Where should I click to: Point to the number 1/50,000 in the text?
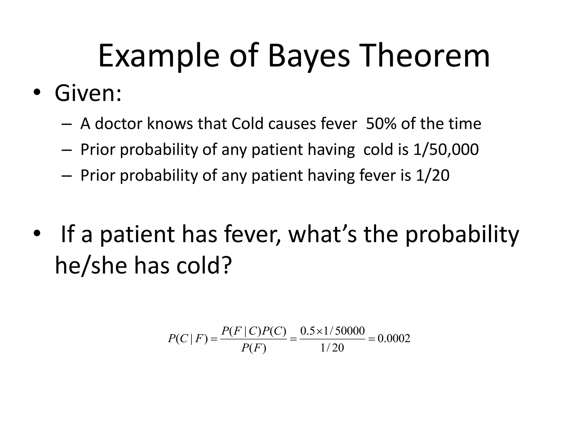pos(446,150)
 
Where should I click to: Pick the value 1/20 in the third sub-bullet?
pos(432,175)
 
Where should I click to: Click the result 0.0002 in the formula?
pos(394,339)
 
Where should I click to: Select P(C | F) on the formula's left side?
pos(187,339)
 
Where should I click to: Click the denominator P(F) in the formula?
pos(254,348)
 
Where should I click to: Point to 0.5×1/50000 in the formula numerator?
pos(332,331)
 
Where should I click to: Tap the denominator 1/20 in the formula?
pos(332,348)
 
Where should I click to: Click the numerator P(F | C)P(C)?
pos(254,331)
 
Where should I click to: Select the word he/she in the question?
pos(91,266)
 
